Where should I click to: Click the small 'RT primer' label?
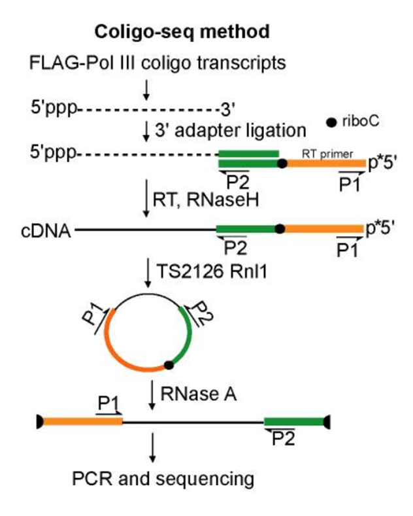(x=328, y=153)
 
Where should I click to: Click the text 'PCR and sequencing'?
(x=162, y=479)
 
